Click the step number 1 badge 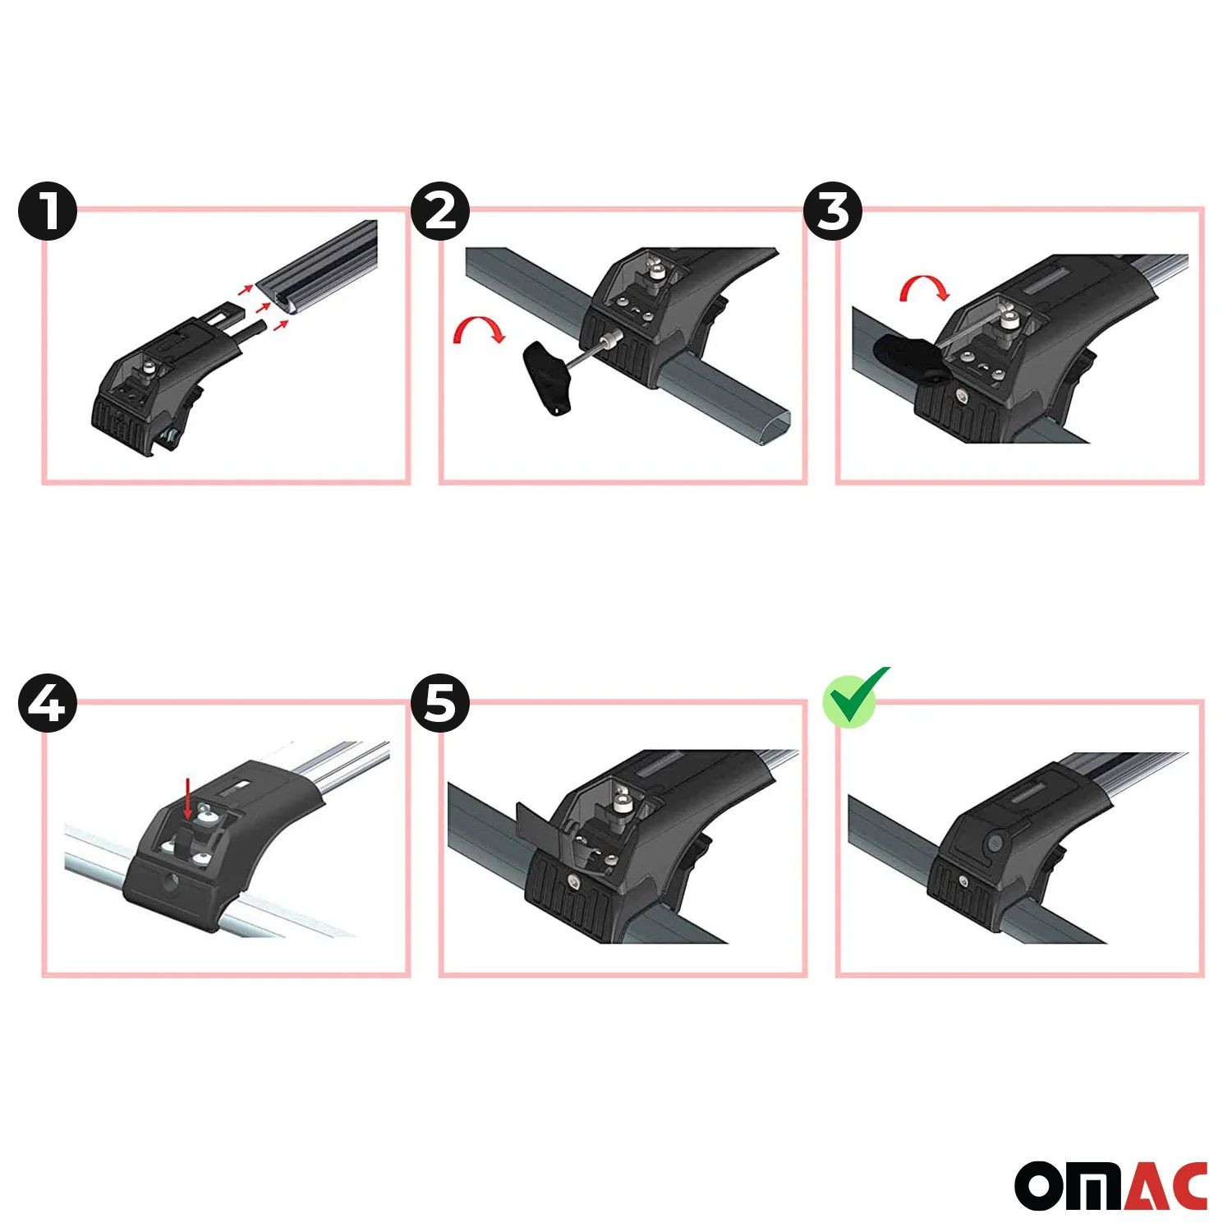click(48, 211)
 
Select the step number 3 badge click(833, 211)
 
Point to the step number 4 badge click(48, 704)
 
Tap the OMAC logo click(1111, 1185)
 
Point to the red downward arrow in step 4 click(188, 799)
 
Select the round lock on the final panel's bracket click(995, 844)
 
